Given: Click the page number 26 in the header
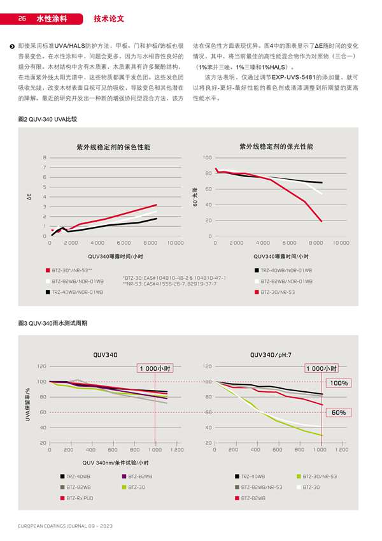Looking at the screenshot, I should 22,19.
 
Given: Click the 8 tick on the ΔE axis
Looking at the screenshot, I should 44,157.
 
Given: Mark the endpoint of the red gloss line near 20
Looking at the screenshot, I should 321,220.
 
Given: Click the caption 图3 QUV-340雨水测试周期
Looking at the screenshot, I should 53,324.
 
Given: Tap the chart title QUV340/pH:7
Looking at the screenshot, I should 270,355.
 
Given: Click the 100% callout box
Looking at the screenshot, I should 338,383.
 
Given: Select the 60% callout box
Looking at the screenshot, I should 338,413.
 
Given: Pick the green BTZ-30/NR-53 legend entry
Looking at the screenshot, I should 320,476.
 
